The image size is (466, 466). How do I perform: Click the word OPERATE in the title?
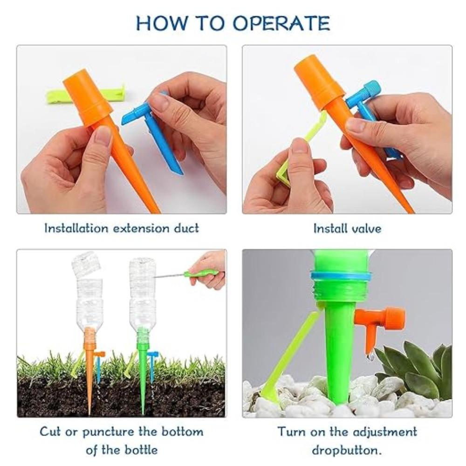pos(281,23)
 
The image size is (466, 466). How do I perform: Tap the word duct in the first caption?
pos(186,228)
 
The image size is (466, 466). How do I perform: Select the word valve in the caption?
pos(366,228)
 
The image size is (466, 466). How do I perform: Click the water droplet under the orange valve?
pos(371,358)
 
